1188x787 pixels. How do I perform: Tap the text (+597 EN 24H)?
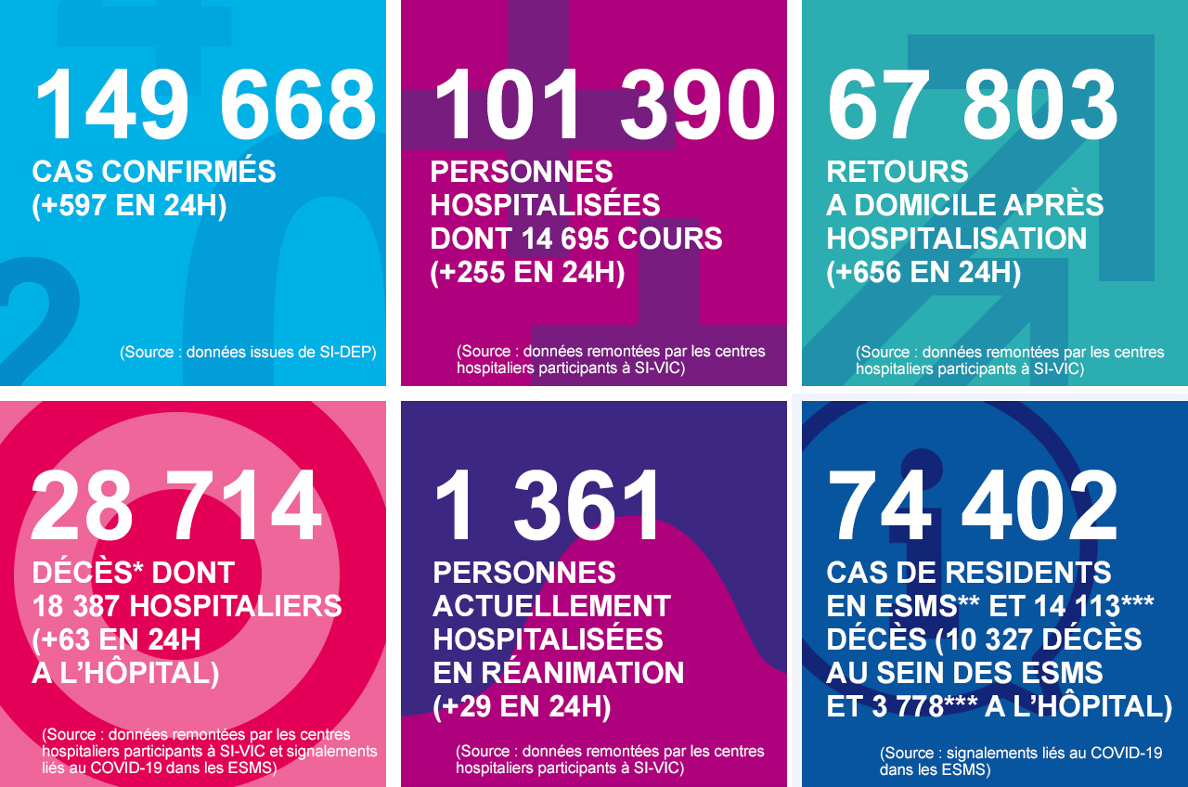tap(129, 206)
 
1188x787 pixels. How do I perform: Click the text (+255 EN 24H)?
tap(527, 273)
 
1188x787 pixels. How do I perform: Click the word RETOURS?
tap(897, 173)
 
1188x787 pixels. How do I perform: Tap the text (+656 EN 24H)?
tap(923, 273)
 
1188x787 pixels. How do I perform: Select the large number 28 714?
tap(177, 507)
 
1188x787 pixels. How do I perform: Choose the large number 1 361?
tap(549, 507)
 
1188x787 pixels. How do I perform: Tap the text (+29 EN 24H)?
tap(522, 707)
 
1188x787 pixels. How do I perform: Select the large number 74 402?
tap(973, 507)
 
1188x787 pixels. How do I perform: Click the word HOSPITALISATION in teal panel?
tap(957, 239)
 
